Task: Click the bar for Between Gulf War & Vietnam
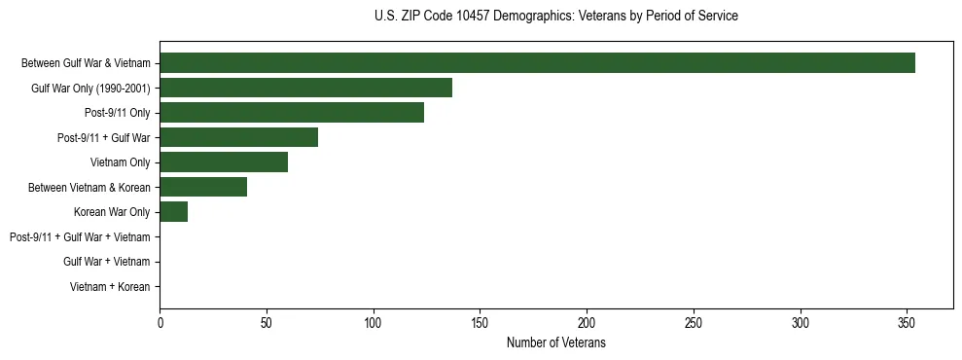[537, 63]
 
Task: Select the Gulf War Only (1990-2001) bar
[305, 88]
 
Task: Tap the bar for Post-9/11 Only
[292, 113]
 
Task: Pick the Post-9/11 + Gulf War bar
[238, 137]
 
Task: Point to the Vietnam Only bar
[224, 162]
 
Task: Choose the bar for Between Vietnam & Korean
[203, 187]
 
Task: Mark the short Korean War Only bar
[173, 211]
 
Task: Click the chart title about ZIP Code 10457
[555, 17]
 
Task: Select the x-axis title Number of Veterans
[555, 343]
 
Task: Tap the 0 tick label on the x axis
[160, 323]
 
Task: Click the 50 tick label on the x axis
[267, 323]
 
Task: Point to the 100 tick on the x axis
[374, 323]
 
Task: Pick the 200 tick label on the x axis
[587, 323]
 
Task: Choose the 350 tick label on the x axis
[907, 323]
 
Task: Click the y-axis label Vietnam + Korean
[110, 286]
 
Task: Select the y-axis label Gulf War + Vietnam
[106, 261]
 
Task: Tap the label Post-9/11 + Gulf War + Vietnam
[80, 236]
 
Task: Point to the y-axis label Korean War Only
[112, 211]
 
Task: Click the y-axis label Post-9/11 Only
[118, 113]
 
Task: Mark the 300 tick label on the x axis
[800, 323]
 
